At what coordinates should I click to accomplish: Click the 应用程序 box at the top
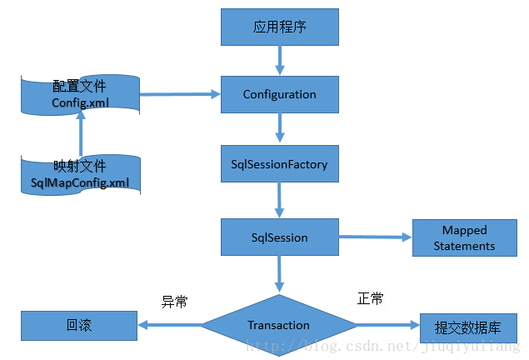click(x=279, y=27)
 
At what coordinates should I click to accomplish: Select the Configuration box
click(x=279, y=94)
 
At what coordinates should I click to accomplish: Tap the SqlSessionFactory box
click(x=279, y=165)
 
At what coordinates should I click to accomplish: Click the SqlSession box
click(x=279, y=237)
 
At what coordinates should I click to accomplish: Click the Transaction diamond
click(x=279, y=325)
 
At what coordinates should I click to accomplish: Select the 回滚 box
click(x=78, y=325)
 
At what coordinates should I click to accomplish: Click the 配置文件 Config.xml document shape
click(x=80, y=94)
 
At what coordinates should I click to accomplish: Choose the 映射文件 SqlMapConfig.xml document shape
click(x=80, y=173)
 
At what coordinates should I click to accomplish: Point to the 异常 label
click(x=173, y=302)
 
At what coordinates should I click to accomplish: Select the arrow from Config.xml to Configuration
click(x=180, y=94)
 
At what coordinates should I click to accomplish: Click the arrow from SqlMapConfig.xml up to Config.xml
click(x=81, y=133)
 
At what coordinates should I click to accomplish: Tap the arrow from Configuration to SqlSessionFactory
click(x=279, y=129)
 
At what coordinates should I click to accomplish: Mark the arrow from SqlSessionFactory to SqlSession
click(x=279, y=200)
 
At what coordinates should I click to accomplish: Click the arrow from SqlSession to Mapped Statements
click(x=374, y=237)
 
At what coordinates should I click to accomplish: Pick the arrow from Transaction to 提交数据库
click(x=387, y=326)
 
